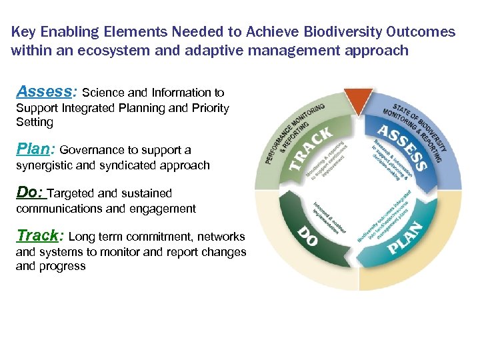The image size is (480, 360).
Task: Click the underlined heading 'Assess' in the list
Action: [x=44, y=91]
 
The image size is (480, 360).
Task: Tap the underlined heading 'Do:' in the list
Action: [x=30, y=192]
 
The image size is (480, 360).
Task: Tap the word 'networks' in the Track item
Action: [x=222, y=237]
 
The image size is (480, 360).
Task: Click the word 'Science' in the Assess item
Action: [x=102, y=93]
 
